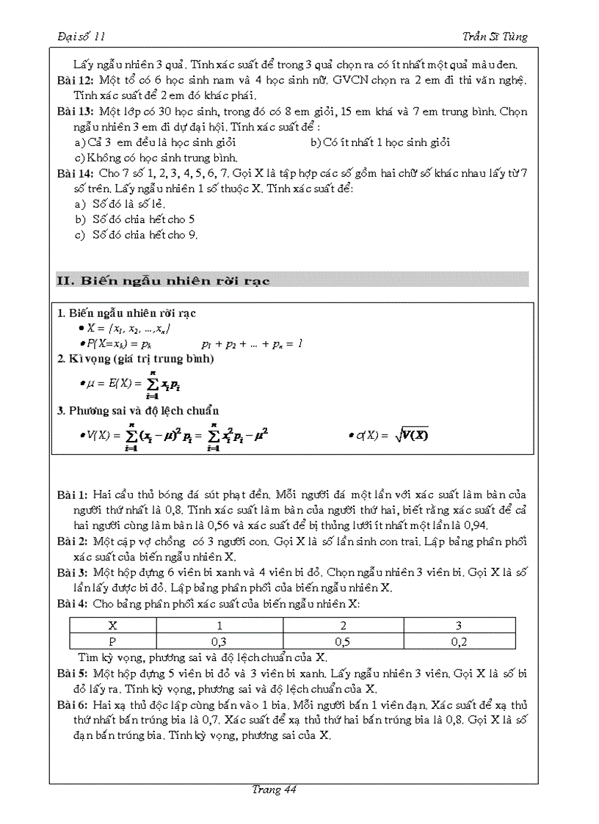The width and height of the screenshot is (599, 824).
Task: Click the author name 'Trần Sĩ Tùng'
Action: (495, 37)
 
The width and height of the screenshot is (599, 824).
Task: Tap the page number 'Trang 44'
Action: (273, 790)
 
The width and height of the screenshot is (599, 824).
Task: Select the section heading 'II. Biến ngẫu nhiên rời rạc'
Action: (163, 280)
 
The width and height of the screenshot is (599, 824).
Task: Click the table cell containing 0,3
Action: (219, 642)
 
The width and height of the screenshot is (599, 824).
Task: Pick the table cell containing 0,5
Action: (342, 642)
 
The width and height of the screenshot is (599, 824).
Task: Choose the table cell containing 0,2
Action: (460, 642)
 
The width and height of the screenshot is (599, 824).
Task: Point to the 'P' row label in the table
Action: (113, 642)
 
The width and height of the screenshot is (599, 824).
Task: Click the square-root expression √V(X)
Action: (411, 435)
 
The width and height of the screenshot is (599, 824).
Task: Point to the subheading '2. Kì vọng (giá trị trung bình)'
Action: (136, 359)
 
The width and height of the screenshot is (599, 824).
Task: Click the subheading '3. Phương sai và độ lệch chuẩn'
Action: (138, 411)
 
